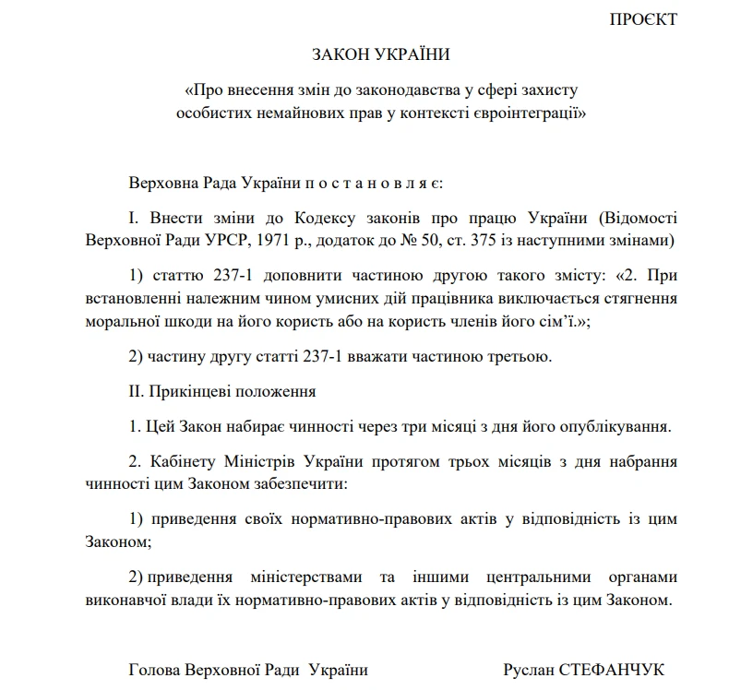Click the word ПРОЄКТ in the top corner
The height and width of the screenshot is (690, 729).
click(x=642, y=19)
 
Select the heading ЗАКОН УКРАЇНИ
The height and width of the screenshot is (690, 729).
click(x=381, y=55)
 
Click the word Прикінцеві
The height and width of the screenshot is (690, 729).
click(x=194, y=391)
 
